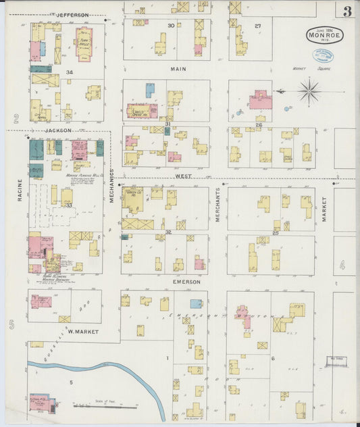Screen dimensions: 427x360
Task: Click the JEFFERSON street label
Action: (x=72, y=14)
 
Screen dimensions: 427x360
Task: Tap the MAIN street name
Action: (x=178, y=69)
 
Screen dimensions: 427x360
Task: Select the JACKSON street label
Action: (x=59, y=130)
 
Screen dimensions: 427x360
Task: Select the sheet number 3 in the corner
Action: (x=346, y=11)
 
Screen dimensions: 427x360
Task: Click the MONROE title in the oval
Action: (x=325, y=36)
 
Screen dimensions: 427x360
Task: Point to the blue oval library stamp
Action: (x=322, y=56)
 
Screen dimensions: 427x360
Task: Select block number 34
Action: (x=69, y=72)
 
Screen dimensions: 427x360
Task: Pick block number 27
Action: (x=257, y=26)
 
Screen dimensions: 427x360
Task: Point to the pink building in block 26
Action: (x=260, y=101)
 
